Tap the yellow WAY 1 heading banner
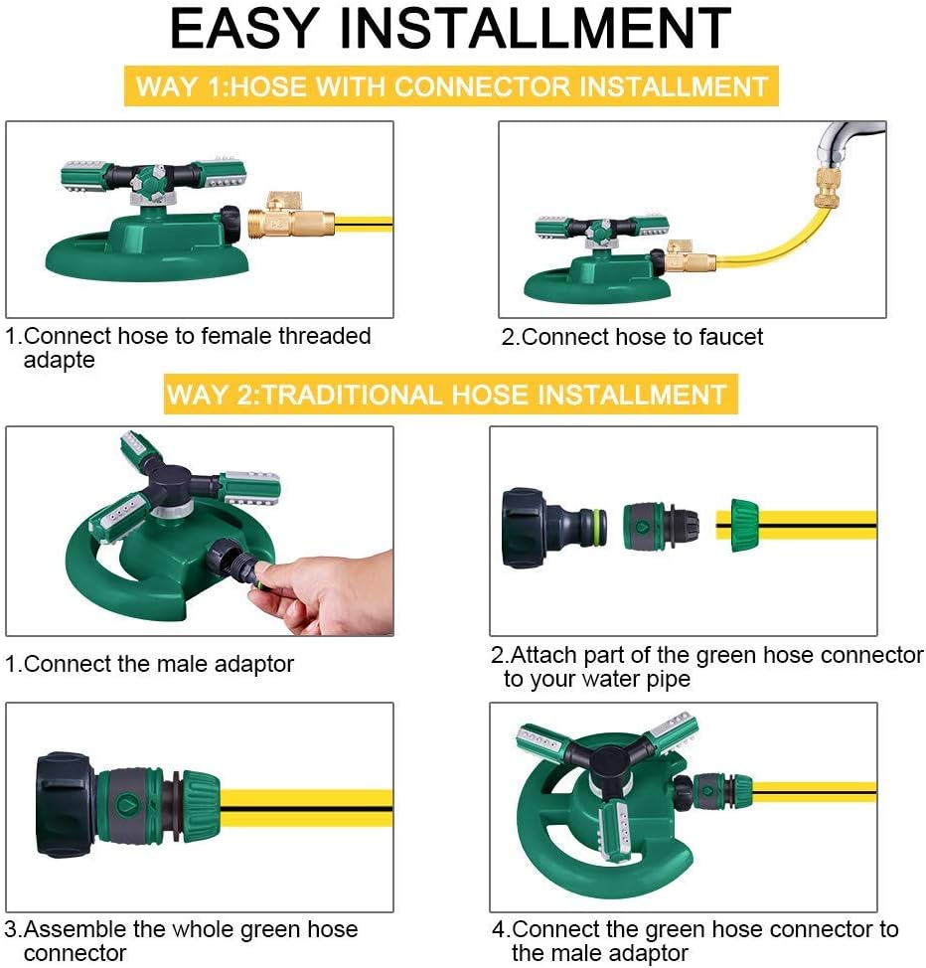point(451,85)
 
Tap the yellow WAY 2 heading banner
point(451,394)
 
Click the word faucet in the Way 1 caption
point(729,337)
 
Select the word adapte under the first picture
point(60,360)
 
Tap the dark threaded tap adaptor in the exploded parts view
point(541,526)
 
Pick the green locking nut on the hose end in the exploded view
point(743,525)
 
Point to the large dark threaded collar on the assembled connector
point(66,804)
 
